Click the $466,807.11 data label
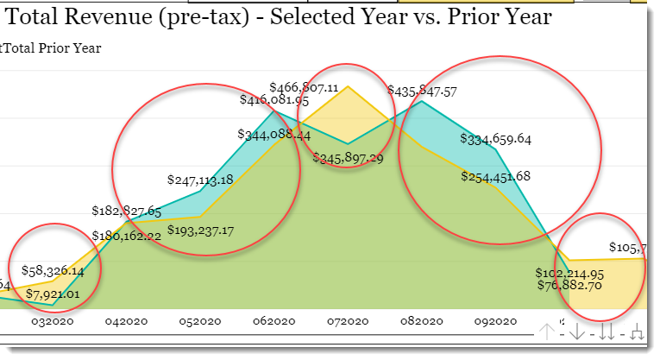point(304,87)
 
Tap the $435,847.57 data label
point(423,91)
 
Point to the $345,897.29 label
point(348,158)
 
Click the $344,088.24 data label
point(273,135)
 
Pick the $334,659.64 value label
point(495,138)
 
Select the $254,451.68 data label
point(495,177)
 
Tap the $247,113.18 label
point(199,180)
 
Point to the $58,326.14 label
point(53,270)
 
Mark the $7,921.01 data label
point(53,294)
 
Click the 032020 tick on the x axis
point(53,320)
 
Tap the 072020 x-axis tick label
point(348,320)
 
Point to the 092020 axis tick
point(495,320)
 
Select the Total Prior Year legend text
point(53,48)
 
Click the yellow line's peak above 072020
point(348,86)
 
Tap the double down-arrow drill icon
point(607,332)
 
